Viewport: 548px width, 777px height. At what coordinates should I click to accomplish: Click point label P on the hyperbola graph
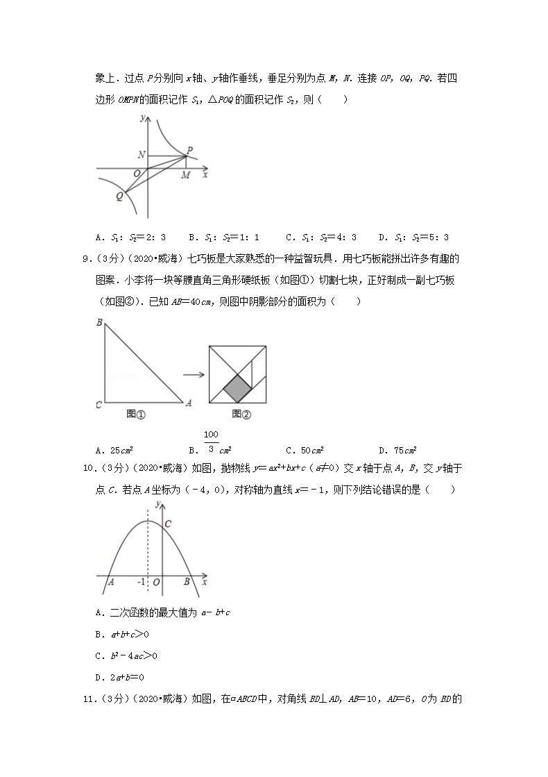(x=189, y=150)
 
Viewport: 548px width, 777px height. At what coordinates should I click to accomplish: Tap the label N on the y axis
(x=142, y=155)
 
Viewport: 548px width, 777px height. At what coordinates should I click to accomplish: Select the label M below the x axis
(x=186, y=176)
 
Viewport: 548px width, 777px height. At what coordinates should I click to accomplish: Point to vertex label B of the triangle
(x=100, y=322)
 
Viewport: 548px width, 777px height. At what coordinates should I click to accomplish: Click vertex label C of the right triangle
(x=100, y=403)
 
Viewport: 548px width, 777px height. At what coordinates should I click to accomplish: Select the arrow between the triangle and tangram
(x=194, y=375)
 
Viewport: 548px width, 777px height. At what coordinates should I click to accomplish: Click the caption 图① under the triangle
(x=136, y=415)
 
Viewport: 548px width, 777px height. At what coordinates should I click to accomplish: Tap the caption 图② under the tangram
(x=241, y=415)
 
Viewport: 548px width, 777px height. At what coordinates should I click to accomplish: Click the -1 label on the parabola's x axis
(x=141, y=582)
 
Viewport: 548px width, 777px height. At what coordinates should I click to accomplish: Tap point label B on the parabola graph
(x=187, y=582)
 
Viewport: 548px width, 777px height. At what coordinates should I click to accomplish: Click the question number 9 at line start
(x=87, y=260)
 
